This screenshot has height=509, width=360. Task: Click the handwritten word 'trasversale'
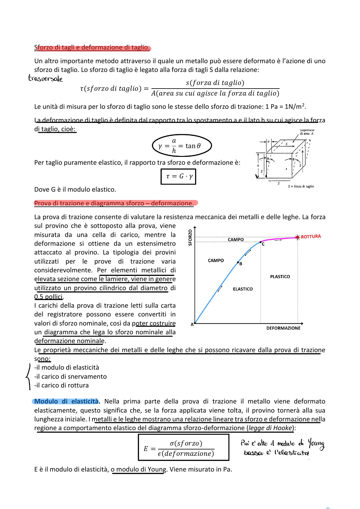45,78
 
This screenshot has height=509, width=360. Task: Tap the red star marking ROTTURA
298,237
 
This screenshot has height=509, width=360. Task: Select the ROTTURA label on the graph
311,237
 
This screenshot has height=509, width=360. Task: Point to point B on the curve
238,262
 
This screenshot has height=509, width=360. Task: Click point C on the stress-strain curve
261,242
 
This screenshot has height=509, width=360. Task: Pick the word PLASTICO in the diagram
280,277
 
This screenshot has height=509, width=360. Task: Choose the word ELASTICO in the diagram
243,289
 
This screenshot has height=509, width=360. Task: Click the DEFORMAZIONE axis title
283,328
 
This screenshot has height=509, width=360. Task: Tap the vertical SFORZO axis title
190,238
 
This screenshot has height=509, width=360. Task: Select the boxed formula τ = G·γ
178,176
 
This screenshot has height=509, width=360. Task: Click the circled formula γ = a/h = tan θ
182,146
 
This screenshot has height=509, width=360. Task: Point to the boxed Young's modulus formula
183,448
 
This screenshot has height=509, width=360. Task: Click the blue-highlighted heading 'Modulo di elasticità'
66,401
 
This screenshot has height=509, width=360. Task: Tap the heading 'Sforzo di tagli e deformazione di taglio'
92,47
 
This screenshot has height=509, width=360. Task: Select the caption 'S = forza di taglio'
301,186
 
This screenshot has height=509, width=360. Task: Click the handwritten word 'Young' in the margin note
316,444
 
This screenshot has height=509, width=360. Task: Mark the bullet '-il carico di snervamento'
70,377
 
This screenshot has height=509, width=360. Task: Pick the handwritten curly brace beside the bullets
28,376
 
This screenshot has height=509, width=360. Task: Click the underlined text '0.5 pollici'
48,297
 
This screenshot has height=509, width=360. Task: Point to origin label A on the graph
192,325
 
